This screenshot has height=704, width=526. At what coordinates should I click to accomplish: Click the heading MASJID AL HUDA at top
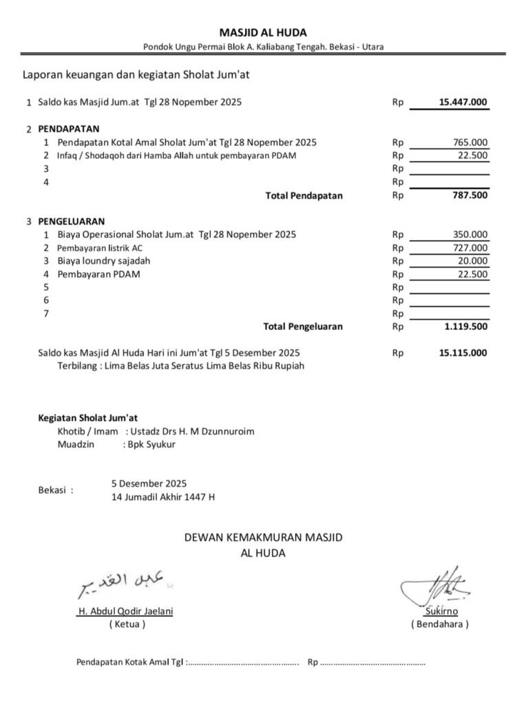coord(263,32)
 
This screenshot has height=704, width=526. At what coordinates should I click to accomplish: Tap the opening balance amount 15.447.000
coord(463,102)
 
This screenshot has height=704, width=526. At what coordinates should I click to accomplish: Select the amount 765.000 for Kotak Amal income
coord(470,142)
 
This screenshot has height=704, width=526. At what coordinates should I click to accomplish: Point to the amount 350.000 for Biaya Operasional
coord(470,234)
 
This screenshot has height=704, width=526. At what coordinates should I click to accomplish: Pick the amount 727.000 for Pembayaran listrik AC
coord(470,247)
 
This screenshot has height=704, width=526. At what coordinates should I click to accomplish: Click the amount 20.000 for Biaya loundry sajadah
coord(473,261)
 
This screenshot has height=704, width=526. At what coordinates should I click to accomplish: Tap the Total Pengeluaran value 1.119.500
coord(465,327)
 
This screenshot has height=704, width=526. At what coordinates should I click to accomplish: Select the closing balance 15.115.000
coord(463,353)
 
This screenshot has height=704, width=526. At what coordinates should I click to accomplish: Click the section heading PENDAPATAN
coord(69,129)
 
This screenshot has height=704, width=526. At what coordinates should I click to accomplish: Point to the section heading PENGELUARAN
coord(72,221)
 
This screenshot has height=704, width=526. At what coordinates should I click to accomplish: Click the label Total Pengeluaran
coord(303,327)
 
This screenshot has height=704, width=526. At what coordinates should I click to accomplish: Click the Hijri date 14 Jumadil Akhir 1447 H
coord(163,496)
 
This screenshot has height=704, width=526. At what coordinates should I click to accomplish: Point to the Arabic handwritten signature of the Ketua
coord(124,584)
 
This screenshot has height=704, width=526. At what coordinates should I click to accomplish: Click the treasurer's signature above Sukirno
coord(441,586)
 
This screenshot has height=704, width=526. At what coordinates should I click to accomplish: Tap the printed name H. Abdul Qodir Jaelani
coord(125,611)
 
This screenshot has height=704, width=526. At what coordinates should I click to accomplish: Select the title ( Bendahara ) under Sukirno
coord(439,624)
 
